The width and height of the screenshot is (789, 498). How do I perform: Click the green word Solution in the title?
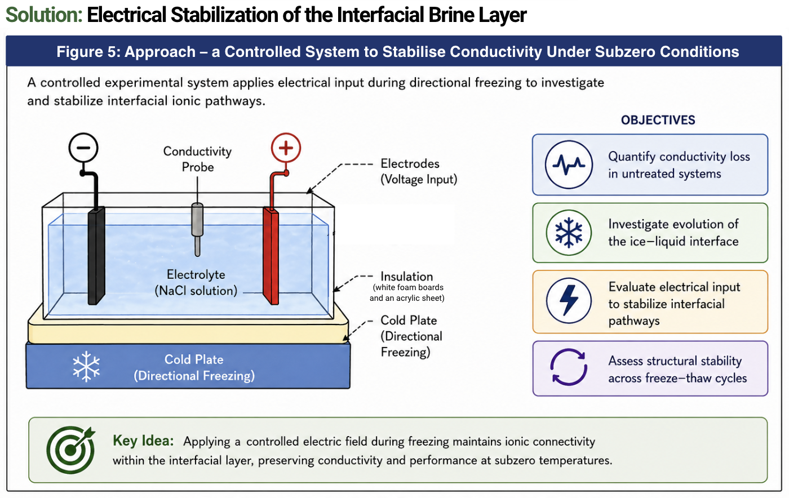(44, 15)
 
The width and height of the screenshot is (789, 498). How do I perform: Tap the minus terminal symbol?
(83, 148)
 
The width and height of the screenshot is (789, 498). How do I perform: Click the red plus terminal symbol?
(286, 148)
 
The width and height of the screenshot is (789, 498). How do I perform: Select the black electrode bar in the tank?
(96, 255)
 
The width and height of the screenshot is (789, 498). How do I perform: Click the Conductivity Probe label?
(197, 159)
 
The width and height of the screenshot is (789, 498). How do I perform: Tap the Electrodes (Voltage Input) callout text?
(419, 171)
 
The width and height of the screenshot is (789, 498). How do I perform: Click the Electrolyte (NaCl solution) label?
(196, 282)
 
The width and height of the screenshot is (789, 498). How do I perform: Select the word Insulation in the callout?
(407, 277)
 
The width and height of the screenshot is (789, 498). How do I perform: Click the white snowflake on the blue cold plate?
(86, 366)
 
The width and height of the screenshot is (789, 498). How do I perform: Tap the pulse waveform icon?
(569, 164)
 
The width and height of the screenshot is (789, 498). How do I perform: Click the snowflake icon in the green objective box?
(569, 233)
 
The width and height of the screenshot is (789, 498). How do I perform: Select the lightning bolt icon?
(569, 300)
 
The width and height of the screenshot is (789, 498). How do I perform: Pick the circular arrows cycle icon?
(569, 367)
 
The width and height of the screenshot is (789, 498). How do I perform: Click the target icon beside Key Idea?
(71, 450)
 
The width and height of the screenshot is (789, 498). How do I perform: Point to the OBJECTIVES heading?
(658, 120)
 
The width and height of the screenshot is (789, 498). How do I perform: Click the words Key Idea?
(143, 441)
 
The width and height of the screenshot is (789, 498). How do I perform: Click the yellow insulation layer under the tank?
(188, 331)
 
